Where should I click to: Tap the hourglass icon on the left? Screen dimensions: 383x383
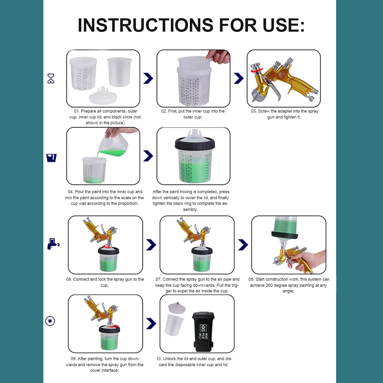[51, 78]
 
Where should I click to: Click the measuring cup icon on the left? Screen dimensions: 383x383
[51, 158]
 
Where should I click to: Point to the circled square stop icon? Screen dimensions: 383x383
[50, 321]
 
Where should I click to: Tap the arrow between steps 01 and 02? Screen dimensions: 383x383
[148, 78]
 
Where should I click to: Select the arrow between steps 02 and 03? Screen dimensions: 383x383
[238, 78]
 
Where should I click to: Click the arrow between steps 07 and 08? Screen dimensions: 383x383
[243, 245]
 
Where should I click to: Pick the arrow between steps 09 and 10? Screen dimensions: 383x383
[151, 324]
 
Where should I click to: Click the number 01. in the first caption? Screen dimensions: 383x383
[77, 111]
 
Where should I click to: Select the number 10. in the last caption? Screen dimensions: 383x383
[159, 359]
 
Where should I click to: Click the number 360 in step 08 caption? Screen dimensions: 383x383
[269, 285]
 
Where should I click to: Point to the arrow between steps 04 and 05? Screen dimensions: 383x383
[148, 156]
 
